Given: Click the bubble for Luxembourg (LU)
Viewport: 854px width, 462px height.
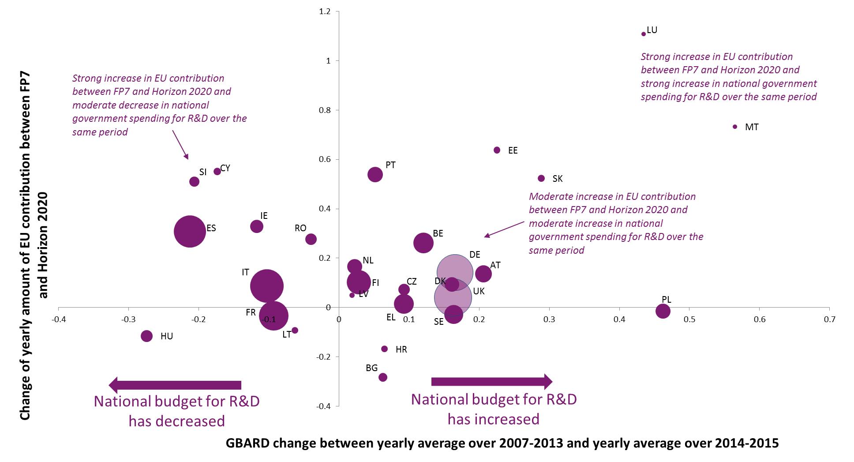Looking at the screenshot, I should click(643, 34).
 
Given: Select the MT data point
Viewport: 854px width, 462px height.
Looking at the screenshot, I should click(735, 127).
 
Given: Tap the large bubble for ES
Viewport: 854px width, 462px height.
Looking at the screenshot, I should click(190, 231).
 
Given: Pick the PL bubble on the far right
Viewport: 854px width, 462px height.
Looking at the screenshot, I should click(663, 311).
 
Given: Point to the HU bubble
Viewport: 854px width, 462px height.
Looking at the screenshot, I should click(146, 336).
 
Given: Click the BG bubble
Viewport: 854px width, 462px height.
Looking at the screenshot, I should click(383, 377).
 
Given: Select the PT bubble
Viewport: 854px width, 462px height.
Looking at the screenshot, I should click(375, 174).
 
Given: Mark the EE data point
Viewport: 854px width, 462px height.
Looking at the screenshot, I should click(497, 150).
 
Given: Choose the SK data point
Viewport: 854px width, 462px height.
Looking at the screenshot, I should click(541, 178).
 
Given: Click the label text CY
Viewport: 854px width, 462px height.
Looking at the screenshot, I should click(225, 168).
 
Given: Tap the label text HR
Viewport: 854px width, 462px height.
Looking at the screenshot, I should click(401, 349).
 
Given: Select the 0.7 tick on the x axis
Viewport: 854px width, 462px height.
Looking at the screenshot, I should click(829, 319).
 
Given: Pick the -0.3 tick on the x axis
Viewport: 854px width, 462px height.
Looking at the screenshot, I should click(128, 319).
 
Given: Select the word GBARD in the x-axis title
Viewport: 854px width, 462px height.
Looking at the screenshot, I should click(248, 443).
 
